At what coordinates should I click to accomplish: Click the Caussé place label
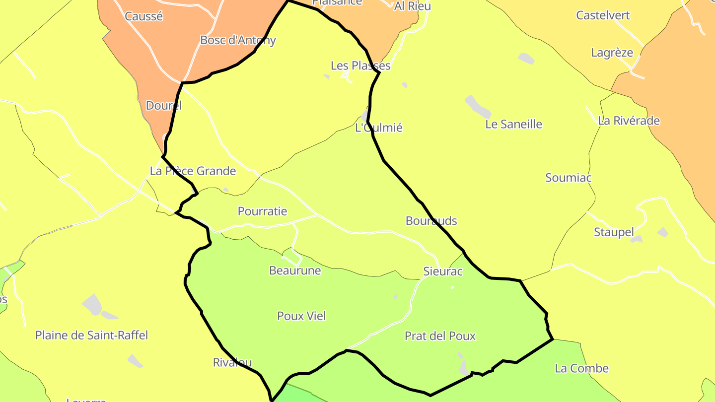143,16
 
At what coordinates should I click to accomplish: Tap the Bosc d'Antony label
237,40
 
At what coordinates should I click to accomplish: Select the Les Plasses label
360,66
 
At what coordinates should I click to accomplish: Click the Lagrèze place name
612,53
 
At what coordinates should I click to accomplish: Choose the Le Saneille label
513,124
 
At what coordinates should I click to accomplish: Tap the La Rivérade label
629,121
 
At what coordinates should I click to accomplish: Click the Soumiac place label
568,178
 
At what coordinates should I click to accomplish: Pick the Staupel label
614,232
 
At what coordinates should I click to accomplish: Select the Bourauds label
431,221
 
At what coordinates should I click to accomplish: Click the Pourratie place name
262,211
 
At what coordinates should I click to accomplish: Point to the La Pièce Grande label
193,171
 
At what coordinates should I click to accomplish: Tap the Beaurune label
294,270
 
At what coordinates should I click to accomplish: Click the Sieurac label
442,271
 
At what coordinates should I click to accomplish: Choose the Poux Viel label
301,316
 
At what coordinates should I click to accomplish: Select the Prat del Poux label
440,336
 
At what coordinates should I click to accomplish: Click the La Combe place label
581,368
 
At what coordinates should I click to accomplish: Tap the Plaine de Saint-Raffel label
91,335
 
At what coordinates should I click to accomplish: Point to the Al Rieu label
412,6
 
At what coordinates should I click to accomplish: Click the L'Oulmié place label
378,128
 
